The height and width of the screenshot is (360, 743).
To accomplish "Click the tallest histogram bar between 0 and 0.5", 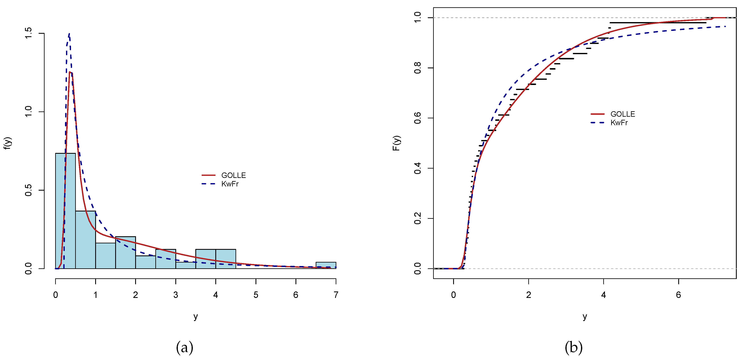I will [65, 211].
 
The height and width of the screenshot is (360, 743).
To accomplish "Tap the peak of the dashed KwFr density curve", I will [69, 34].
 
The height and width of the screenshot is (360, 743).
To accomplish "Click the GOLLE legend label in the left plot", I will [233, 175].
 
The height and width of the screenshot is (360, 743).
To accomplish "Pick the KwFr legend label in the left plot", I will [230, 184].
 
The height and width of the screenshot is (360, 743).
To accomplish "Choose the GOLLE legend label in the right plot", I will [622, 114].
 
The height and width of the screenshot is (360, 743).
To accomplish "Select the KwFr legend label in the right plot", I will [619, 122].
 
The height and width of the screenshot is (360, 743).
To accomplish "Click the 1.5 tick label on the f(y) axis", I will [28, 34].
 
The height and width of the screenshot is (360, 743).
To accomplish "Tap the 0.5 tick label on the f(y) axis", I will [28, 190].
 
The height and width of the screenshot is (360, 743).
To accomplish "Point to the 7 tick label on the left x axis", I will [336, 295].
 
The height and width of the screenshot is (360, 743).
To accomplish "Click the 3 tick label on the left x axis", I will [176, 295].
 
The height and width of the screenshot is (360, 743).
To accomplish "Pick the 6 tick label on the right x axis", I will [678, 295].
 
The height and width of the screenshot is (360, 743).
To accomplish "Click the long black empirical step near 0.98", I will [658, 22].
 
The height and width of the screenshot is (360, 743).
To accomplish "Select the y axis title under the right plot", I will [585, 316].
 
